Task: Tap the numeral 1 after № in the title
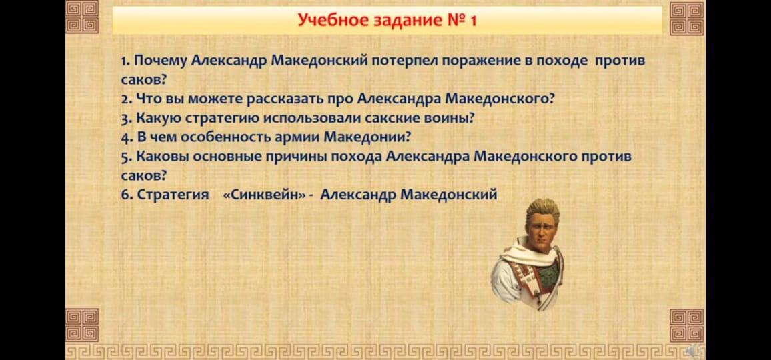pos(473,21)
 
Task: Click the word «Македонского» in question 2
pos(500,99)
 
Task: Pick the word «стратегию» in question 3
pos(223,119)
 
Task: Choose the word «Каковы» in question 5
pos(162,157)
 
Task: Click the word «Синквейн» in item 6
pos(264,195)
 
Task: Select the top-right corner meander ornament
pos(686,18)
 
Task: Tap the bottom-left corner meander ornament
pos(81,325)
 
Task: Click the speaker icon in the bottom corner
pos(696,351)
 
